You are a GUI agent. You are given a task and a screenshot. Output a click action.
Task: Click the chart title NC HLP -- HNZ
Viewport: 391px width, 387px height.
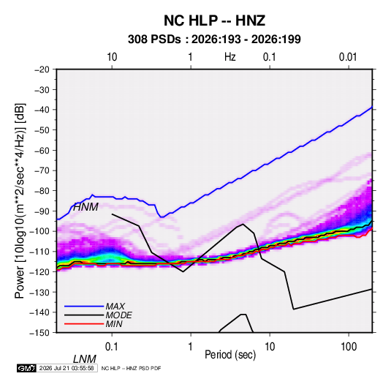tap(214, 20)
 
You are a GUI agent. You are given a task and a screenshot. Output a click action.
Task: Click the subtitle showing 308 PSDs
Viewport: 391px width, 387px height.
tap(214, 40)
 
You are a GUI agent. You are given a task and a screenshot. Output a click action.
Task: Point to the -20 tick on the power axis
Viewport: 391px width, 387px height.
tap(42, 69)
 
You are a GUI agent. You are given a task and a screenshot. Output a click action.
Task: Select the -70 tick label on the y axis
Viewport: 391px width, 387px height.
tap(42, 170)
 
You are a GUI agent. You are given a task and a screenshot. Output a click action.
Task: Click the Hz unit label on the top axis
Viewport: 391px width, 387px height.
tap(230, 57)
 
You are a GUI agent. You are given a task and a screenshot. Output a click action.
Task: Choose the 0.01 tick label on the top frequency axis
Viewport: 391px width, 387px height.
tap(348, 57)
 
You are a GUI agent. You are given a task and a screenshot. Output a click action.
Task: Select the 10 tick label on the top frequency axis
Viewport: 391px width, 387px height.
tap(112, 57)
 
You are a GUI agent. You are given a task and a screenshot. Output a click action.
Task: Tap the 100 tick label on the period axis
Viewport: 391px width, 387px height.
tap(349, 347)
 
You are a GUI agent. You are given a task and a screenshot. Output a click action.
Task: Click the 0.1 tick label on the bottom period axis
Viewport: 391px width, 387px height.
tap(111, 347)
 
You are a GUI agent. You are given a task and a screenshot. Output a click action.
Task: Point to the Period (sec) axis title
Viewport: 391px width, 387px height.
tap(230, 355)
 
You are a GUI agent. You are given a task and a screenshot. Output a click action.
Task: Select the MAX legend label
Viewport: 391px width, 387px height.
tap(115, 307)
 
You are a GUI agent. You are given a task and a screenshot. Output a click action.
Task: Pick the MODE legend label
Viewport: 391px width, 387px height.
tap(118, 315)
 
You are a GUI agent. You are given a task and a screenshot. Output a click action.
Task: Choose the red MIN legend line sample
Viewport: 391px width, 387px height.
tap(84, 324)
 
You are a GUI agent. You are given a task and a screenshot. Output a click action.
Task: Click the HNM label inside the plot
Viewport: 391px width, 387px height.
tap(86, 207)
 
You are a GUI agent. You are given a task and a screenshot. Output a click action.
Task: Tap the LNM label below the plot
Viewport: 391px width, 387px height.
tap(85, 359)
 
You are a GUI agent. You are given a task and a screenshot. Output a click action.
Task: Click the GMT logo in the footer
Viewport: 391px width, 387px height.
tap(26, 368)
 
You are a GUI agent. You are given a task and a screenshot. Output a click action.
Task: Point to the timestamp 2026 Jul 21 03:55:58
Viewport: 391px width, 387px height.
tap(67, 368)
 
